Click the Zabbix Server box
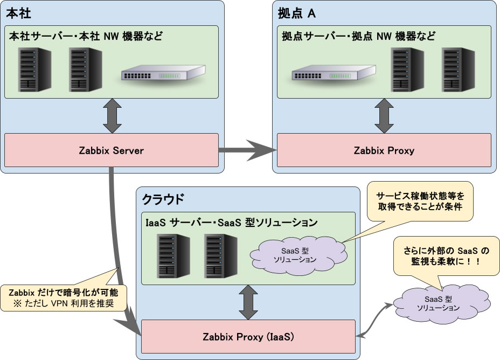(112, 150)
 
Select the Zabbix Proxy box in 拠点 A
(384, 150)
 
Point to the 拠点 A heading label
(296, 11)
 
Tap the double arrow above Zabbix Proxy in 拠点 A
(384, 116)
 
